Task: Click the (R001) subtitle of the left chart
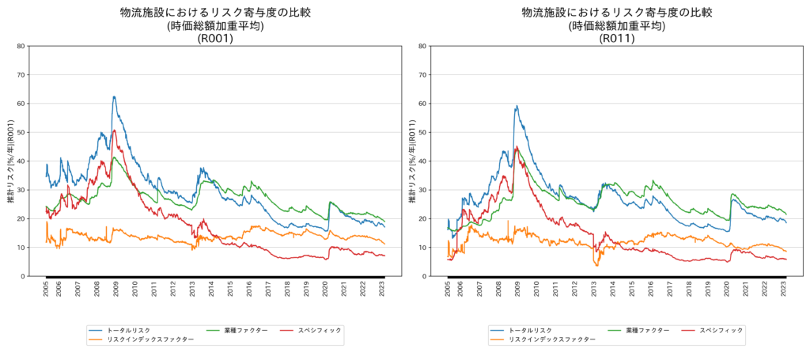tap(215, 38)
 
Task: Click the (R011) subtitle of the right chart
tap(617, 38)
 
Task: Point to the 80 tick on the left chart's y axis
tap(21, 46)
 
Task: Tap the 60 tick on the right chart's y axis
tap(423, 104)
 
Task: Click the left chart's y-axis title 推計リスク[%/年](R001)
tap(10, 161)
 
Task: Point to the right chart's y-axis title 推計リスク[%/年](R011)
tap(412, 161)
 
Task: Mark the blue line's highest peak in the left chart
tap(114, 97)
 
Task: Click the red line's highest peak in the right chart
tap(517, 146)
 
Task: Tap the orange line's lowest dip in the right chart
tap(597, 265)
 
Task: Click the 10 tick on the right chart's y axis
tap(423, 248)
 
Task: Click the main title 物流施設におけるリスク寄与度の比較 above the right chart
tap(617, 13)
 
